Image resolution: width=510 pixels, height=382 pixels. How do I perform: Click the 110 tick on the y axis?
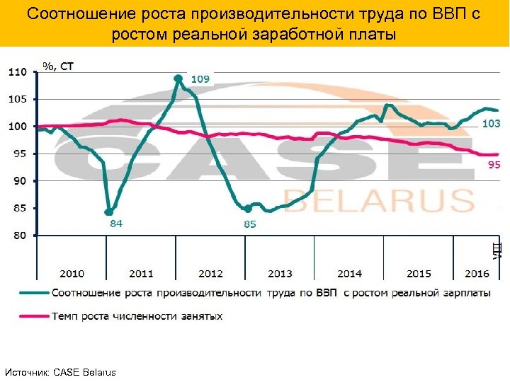click(x=17, y=72)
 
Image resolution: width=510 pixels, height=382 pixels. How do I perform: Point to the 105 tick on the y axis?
click(x=17, y=99)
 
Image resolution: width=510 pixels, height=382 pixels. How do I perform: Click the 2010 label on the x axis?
click(x=72, y=273)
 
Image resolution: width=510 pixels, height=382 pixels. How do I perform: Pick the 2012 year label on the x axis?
click(x=210, y=273)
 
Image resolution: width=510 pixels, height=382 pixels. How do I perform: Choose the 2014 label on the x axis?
click(x=349, y=273)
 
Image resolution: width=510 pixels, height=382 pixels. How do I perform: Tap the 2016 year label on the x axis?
click(x=476, y=273)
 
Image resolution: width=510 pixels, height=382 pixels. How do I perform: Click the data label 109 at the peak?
click(x=200, y=79)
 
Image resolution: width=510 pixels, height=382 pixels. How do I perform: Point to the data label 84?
click(x=115, y=224)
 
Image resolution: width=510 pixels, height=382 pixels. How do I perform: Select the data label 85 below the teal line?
click(x=249, y=224)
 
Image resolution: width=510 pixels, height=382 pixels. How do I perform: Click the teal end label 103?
click(x=491, y=123)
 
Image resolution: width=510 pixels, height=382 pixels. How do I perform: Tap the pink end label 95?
click(x=494, y=165)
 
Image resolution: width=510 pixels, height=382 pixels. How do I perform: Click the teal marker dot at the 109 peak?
click(x=178, y=78)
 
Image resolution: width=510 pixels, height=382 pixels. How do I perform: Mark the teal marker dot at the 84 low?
click(x=108, y=212)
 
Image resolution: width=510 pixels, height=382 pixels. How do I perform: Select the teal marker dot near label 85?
click(x=246, y=208)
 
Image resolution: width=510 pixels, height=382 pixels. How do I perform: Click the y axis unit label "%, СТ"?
click(x=58, y=66)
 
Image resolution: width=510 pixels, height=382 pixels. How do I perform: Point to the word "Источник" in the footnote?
click(x=25, y=372)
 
